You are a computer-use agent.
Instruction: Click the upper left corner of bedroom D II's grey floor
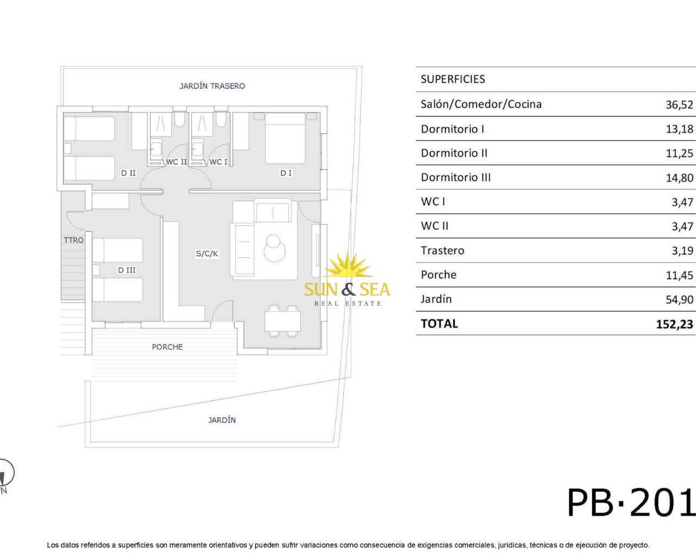(64, 112)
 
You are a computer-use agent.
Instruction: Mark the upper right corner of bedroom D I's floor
(320, 112)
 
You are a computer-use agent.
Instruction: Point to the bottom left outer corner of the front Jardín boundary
(85, 447)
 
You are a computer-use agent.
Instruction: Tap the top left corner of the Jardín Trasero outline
(61, 67)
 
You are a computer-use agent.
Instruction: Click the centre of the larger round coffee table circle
(275, 251)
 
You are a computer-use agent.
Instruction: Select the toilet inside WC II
(180, 119)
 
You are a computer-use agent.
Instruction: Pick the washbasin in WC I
(197, 148)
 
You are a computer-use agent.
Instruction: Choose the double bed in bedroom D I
(285, 139)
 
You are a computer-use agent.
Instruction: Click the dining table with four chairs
(282, 321)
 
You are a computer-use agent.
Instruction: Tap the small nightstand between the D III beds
(96, 270)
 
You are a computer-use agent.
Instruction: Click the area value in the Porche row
(679, 275)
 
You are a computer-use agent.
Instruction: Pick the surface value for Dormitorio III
(679, 178)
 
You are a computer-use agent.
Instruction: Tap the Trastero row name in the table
(443, 251)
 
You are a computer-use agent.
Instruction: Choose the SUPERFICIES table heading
(453, 79)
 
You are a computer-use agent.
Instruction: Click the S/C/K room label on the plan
(207, 253)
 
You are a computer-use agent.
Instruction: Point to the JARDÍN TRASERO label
(212, 86)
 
